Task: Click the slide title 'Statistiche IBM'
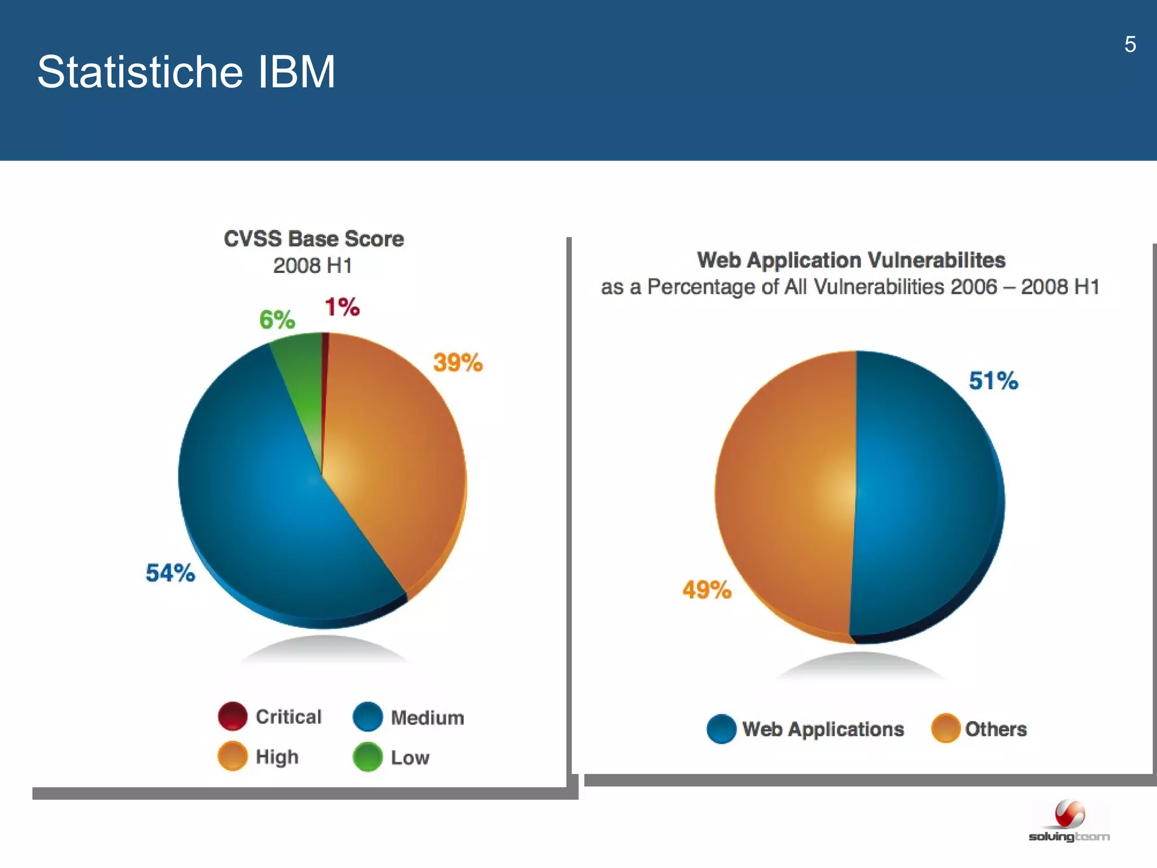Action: [186, 72]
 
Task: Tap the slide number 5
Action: [1130, 44]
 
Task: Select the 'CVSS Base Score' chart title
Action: [314, 239]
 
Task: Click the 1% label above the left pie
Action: [342, 307]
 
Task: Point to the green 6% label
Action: [277, 320]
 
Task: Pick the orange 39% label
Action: [458, 362]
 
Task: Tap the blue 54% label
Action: [170, 573]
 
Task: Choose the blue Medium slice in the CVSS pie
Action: [266, 509]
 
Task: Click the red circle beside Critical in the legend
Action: [232, 716]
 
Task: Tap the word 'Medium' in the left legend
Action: [427, 718]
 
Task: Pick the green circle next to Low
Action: [367, 757]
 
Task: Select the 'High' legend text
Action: [277, 757]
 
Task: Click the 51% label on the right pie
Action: [993, 381]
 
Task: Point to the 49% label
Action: [707, 590]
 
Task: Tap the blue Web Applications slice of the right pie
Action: [927, 497]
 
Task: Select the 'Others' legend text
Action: [995, 729]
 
